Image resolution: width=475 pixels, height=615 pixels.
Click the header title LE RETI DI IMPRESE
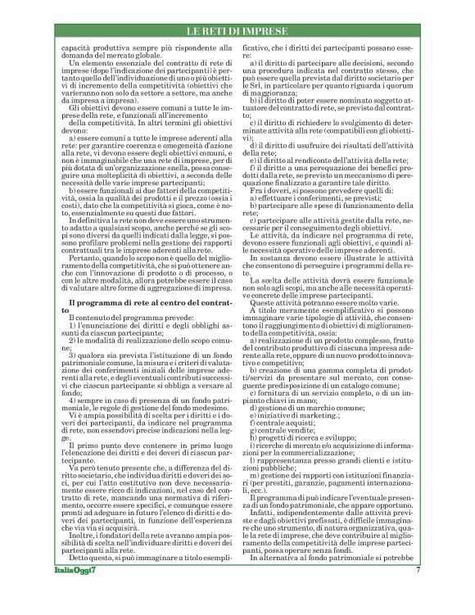coord(237,31)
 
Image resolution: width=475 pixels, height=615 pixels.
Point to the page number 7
coord(418,593)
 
